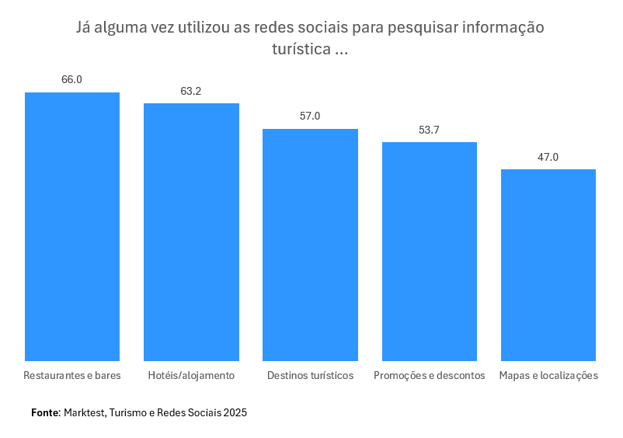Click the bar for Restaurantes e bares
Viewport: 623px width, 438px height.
point(72,227)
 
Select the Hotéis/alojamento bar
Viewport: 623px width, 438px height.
point(191,232)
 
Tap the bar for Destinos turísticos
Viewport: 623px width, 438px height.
point(310,245)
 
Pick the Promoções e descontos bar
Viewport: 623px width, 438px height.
point(429,252)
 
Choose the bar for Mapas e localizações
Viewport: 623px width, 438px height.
point(548,265)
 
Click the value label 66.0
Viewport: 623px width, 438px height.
point(72,79)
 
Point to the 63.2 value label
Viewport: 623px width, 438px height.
point(191,91)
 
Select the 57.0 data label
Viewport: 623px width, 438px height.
point(310,116)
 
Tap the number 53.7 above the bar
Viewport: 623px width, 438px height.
point(429,130)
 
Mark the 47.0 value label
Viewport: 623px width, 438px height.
point(548,157)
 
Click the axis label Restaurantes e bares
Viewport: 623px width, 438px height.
point(72,375)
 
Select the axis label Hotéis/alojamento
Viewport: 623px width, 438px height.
point(191,375)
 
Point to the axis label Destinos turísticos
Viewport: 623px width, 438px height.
point(310,375)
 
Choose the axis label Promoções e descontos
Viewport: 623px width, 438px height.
point(429,375)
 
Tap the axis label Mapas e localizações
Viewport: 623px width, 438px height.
point(548,375)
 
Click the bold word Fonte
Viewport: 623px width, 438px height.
point(45,412)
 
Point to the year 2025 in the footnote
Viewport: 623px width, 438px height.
point(235,412)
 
